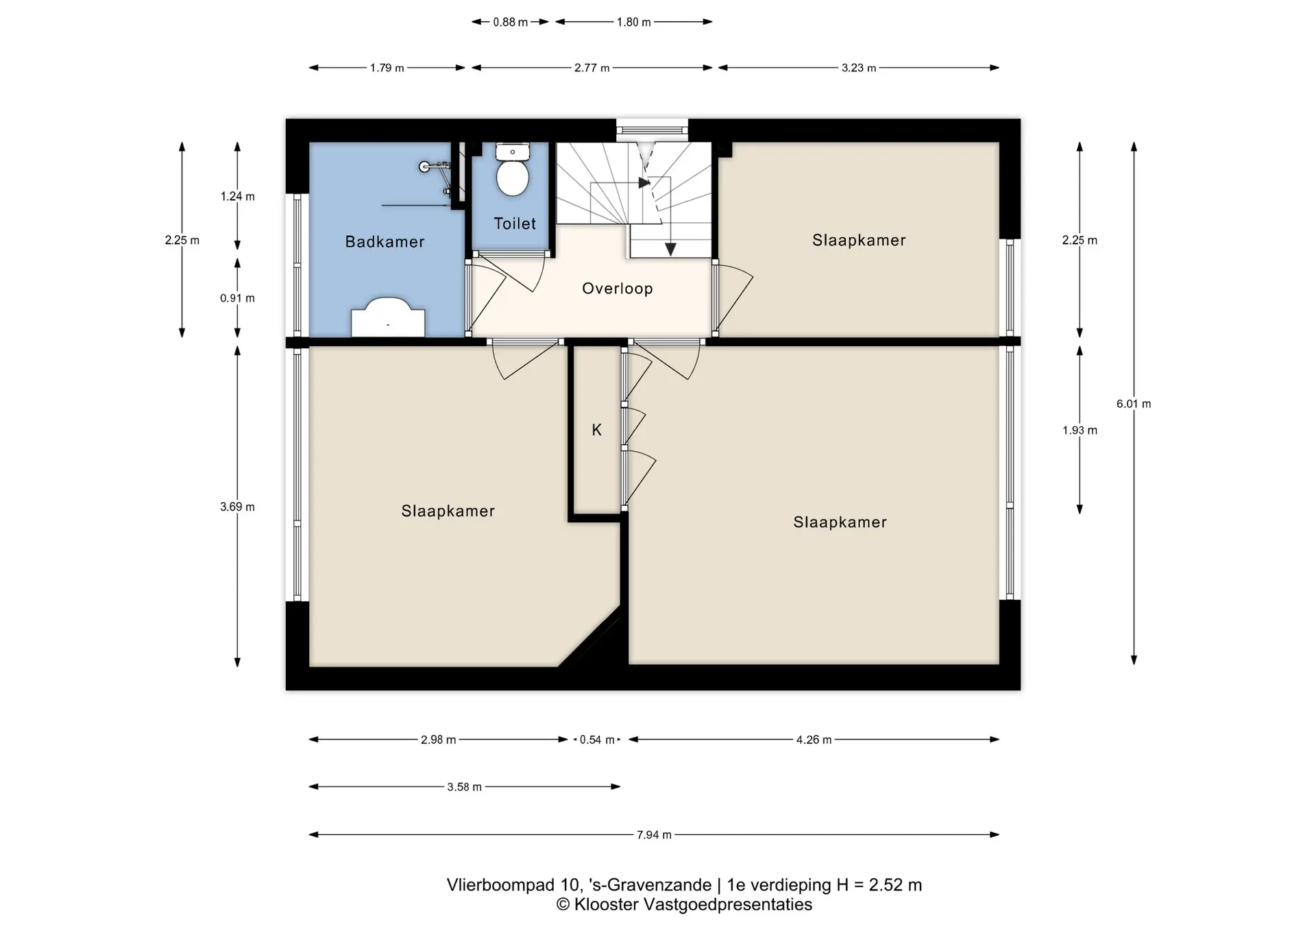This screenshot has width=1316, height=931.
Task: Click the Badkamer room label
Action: (385, 241)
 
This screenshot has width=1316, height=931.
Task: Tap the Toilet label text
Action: (515, 223)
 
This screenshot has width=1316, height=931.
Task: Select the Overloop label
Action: (618, 289)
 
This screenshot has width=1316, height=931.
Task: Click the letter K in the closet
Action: (596, 430)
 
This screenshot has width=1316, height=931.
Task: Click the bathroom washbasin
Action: (388, 317)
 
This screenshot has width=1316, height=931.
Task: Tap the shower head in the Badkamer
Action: (425, 166)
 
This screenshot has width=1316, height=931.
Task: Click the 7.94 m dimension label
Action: (654, 835)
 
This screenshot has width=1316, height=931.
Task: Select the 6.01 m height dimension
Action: (1134, 404)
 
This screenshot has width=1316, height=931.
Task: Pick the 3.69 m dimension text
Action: (237, 507)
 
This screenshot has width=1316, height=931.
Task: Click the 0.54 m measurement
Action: (597, 740)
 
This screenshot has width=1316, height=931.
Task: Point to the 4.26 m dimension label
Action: (814, 740)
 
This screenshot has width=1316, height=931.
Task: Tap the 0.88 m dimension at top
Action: (511, 22)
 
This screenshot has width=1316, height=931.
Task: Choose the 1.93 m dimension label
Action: (1080, 431)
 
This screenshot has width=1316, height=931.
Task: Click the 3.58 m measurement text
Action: (464, 787)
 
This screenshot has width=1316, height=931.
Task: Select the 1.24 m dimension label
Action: (237, 196)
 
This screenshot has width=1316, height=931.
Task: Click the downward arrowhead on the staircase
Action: (670, 250)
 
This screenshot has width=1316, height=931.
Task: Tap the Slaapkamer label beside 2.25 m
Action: (859, 240)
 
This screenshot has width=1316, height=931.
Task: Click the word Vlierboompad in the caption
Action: (500, 885)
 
